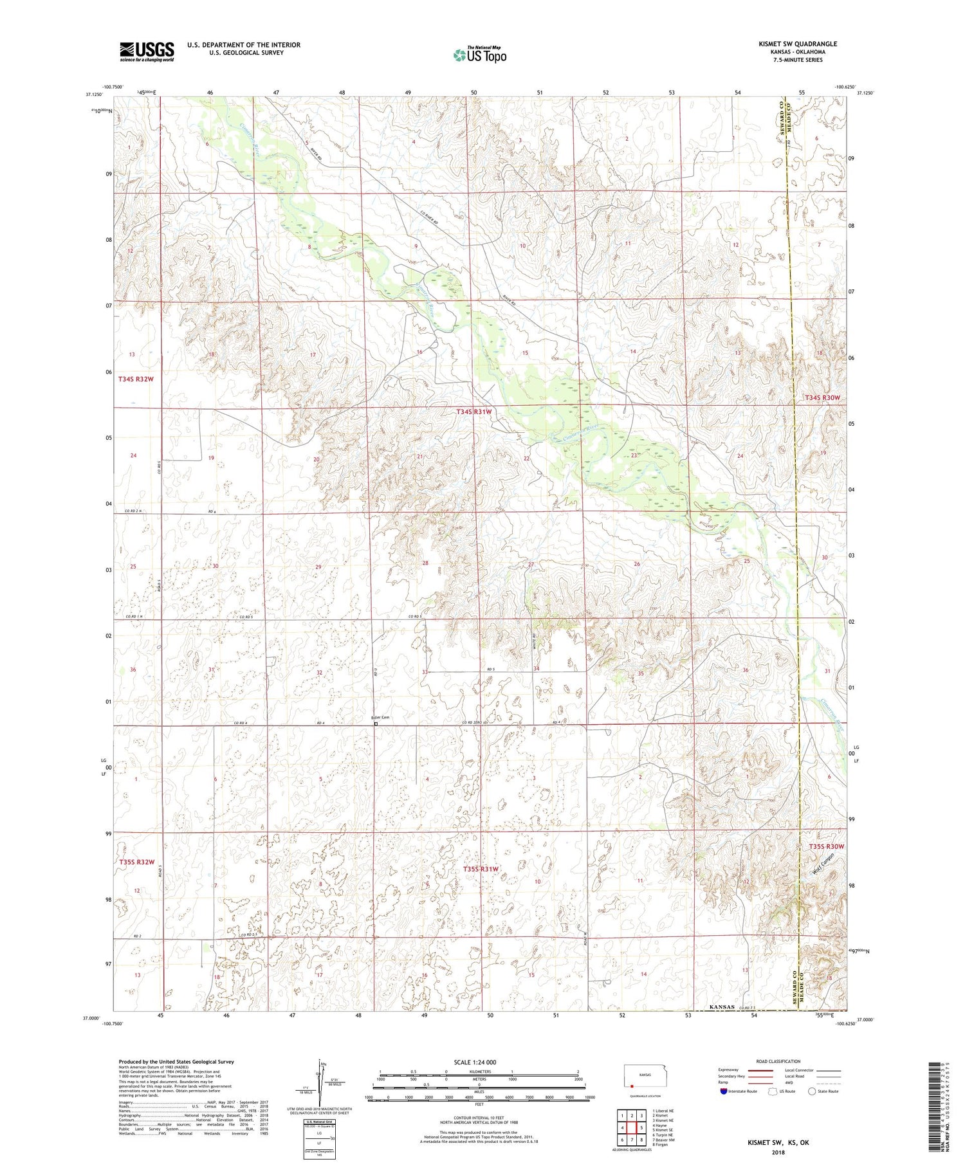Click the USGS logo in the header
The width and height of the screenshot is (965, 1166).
pyautogui.click(x=147, y=51)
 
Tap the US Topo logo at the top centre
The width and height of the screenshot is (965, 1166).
pyautogui.click(x=479, y=55)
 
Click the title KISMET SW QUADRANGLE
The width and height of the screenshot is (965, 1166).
pyautogui.click(x=798, y=44)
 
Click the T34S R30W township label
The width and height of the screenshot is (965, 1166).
pyautogui.click(x=822, y=398)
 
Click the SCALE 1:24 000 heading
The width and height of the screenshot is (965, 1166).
pyautogui.click(x=479, y=1062)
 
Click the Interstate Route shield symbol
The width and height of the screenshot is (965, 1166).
pyautogui.click(x=724, y=1091)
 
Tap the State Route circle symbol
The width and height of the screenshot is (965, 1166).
pyautogui.click(x=811, y=1091)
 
